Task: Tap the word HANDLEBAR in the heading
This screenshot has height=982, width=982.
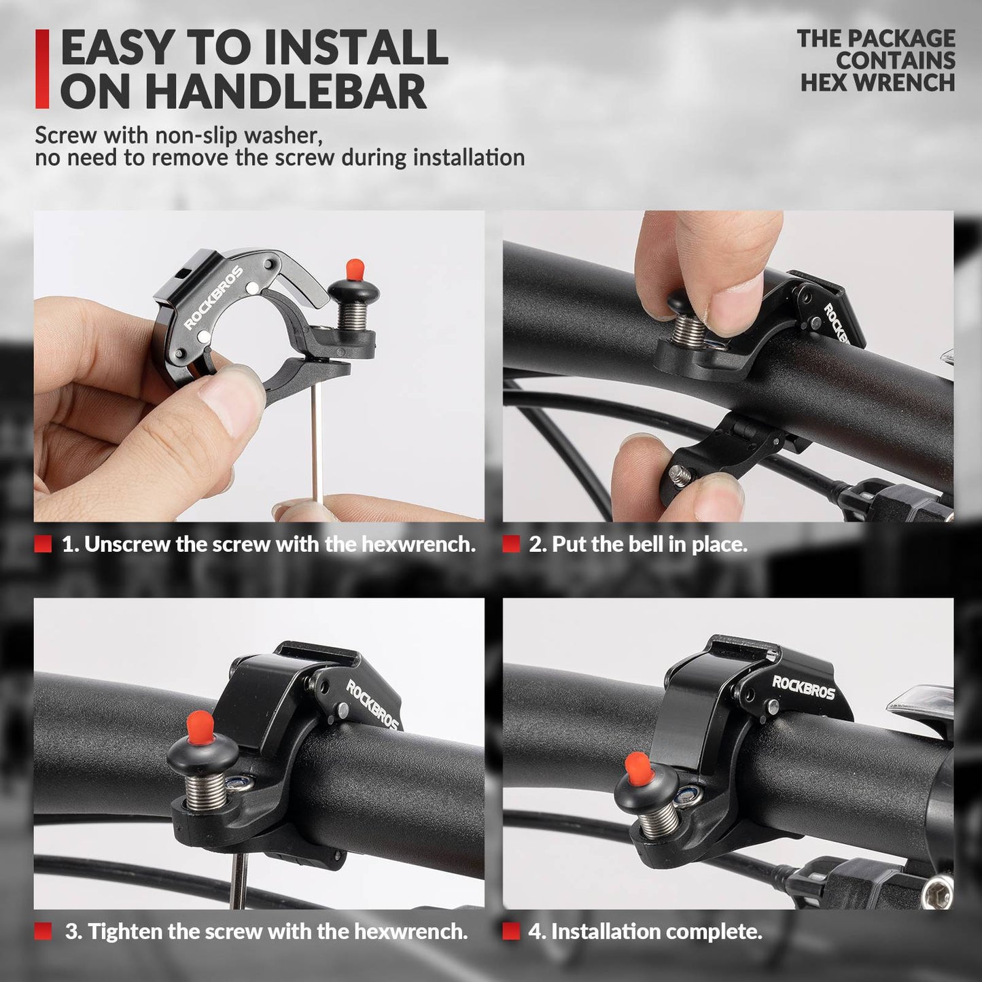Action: pos(285,92)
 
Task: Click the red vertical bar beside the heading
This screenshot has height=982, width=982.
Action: pos(42,69)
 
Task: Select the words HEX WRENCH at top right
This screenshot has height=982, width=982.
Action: pos(877,82)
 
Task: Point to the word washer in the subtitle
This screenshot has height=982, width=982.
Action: pos(282,135)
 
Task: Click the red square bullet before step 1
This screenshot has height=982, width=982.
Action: pos(43,544)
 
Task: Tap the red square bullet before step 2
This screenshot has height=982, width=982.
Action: pos(511,544)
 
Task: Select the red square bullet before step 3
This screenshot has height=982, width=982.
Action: pos(43,931)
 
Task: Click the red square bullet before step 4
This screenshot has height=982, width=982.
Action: pos(511,931)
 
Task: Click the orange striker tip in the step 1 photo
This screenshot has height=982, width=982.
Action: pos(353,268)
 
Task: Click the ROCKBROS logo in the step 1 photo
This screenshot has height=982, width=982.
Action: pos(213,298)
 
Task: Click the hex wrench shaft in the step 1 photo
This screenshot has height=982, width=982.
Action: pos(317,442)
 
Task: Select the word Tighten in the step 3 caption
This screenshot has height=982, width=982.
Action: pos(124,931)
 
